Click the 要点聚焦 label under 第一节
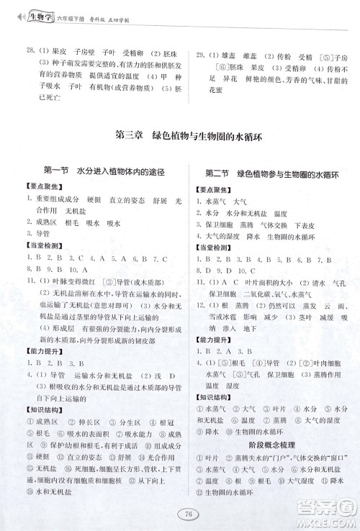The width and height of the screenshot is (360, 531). (41, 189)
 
